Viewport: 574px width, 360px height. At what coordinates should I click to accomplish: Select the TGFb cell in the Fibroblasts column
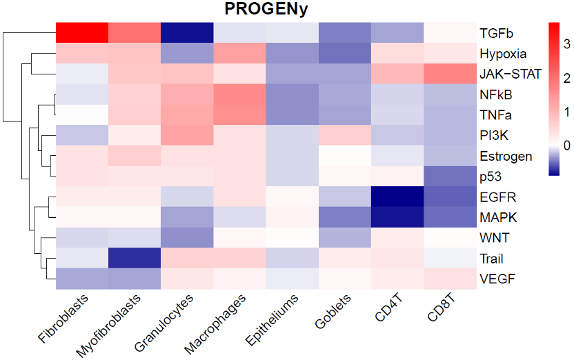[82, 32]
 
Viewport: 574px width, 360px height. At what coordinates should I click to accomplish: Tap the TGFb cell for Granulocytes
[187, 32]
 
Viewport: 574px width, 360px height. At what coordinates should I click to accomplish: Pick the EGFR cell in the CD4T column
[398, 197]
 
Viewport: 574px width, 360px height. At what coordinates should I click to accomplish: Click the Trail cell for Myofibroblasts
[135, 259]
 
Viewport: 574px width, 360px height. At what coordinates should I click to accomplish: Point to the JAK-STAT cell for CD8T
[451, 73]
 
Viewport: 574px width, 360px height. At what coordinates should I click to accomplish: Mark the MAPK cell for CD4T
[398, 217]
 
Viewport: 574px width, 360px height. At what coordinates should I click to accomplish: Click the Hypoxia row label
[503, 54]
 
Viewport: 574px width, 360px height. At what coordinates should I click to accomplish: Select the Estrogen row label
[506, 156]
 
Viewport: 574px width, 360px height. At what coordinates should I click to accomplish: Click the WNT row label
[495, 239]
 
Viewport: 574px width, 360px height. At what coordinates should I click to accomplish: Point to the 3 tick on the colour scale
[566, 44]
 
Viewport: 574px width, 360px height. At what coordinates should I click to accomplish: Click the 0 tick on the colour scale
[566, 146]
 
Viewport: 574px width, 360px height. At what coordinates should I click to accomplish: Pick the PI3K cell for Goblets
[346, 135]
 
